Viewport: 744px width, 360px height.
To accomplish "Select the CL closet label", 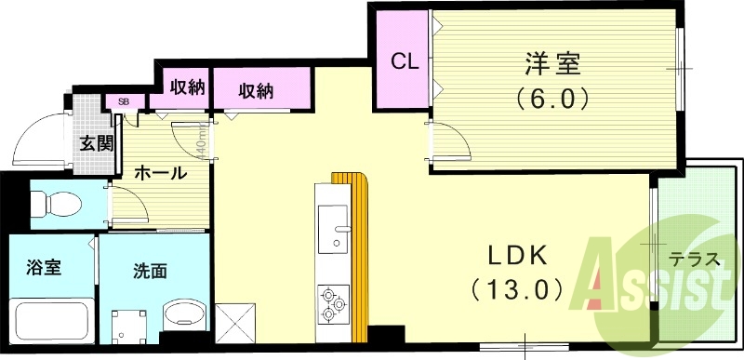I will click(405, 62).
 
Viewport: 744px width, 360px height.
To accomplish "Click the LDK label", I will click(507, 256).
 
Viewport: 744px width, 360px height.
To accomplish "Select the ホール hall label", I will click(160, 173).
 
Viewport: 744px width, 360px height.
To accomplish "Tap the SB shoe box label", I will click(123, 101).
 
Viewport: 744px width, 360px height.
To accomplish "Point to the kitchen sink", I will click(332, 229).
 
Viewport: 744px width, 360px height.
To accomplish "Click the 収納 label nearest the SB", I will click(187, 87).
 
